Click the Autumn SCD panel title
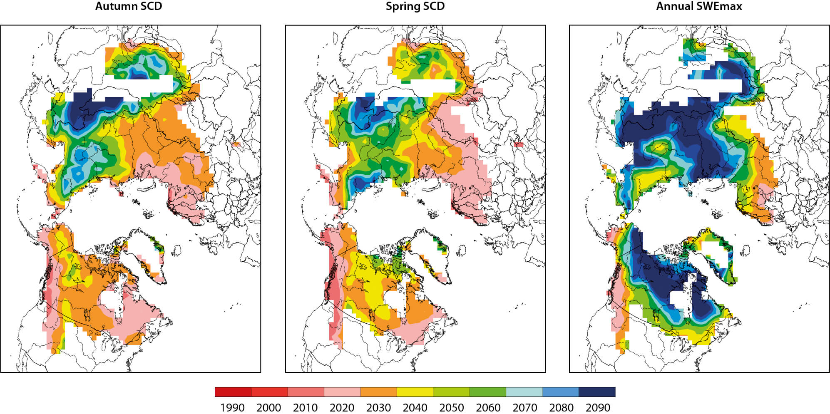pyautogui.click(x=129, y=6)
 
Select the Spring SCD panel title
pyautogui.click(x=415, y=6)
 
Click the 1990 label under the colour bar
pyautogui.click(x=232, y=407)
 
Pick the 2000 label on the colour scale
pyautogui.click(x=269, y=407)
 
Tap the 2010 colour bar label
pyautogui.click(x=306, y=407)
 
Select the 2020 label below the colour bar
pyautogui.click(x=342, y=407)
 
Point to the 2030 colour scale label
pyautogui.click(x=378, y=407)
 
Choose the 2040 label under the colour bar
pyautogui.click(x=415, y=407)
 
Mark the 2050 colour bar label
pyautogui.click(x=452, y=407)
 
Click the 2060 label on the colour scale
pyautogui.click(x=488, y=407)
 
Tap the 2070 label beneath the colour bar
pyautogui.click(x=525, y=407)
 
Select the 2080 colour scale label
pyautogui.click(x=562, y=407)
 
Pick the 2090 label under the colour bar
pyautogui.click(x=598, y=407)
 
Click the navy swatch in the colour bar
pyautogui.click(x=597, y=392)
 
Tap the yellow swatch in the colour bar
pyautogui.click(x=415, y=392)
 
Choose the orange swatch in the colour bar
pyautogui.click(x=379, y=392)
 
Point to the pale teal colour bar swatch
pyautogui.click(x=524, y=392)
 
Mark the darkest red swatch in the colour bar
pyautogui.click(x=233, y=392)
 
